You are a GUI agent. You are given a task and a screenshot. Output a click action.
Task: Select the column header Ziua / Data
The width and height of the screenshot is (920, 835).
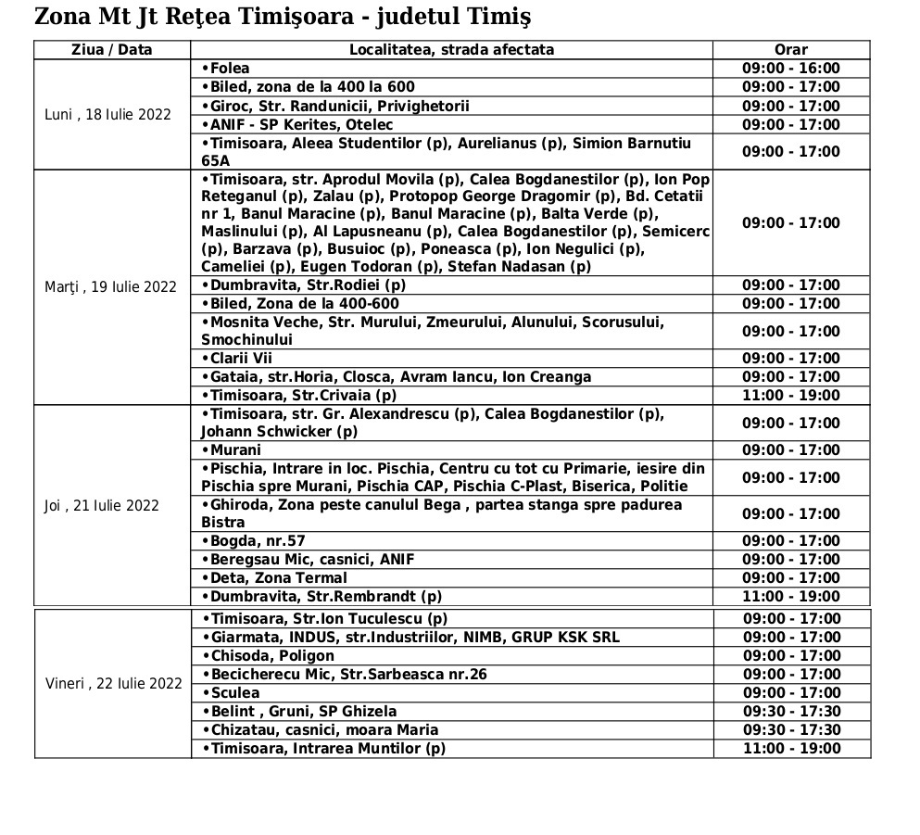[112, 50]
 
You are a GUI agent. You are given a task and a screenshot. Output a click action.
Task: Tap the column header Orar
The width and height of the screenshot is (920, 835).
[790, 50]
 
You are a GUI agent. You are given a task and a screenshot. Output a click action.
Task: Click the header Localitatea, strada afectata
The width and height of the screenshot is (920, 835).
[451, 50]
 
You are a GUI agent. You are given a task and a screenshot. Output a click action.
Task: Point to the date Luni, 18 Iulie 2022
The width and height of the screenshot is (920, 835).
[108, 115]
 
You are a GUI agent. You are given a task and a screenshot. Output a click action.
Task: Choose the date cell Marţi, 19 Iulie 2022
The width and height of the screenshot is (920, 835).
[110, 286]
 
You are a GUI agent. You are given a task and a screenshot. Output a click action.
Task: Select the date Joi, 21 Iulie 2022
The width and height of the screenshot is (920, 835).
[102, 505]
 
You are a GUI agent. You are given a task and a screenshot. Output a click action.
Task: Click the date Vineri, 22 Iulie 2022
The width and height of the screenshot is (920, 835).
[114, 684]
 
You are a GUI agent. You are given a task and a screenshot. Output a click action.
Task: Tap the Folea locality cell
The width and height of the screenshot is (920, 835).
[226, 69]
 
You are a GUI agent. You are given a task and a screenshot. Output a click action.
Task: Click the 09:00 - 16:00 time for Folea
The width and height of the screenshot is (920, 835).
[790, 69]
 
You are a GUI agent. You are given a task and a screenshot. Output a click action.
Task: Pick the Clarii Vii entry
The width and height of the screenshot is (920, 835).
[237, 359]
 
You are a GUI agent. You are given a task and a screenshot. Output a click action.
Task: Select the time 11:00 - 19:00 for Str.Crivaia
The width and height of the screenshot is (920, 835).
[790, 396]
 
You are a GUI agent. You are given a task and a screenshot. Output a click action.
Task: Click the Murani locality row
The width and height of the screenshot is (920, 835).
[232, 450]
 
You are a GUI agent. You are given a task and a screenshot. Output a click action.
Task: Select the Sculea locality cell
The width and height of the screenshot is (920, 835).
[231, 693]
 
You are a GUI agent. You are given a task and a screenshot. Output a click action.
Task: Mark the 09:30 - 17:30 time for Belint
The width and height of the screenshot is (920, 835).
[790, 712]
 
